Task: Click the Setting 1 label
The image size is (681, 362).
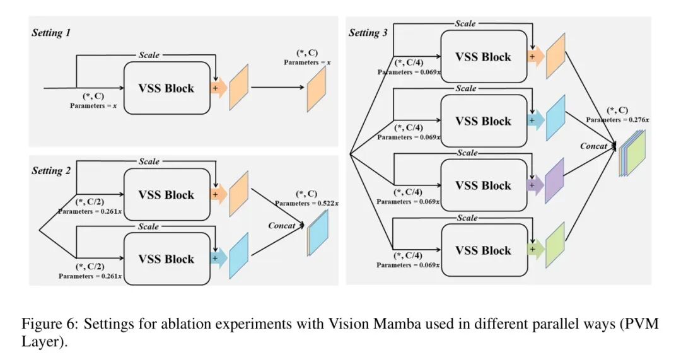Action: pyautogui.click(x=51, y=33)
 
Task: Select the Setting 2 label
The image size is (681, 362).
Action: pyautogui.click(x=51, y=171)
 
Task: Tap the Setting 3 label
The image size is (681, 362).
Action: pyautogui.click(x=368, y=33)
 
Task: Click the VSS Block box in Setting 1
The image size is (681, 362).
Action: pyautogui.click(x=166, y=88)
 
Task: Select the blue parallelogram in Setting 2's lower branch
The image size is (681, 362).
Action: pyautogui.click(x=240, y=255)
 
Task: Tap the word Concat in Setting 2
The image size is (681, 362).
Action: pyautogui.click(x=282, y=226)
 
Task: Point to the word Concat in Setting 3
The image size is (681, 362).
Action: pyautogui.click(x=594, y=146)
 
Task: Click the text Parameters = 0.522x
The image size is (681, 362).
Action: pyautogui.click(x=306, y=203)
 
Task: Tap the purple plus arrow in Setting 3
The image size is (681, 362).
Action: pyautogui.click(x=534, y=185)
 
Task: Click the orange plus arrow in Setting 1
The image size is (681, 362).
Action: pyautogui.click(x=217, y=88)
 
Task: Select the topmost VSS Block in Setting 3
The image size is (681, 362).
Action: pyautogui.click(x=483, y=57)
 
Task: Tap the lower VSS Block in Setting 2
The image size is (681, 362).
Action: pyautogui.click(x=166, y=259)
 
